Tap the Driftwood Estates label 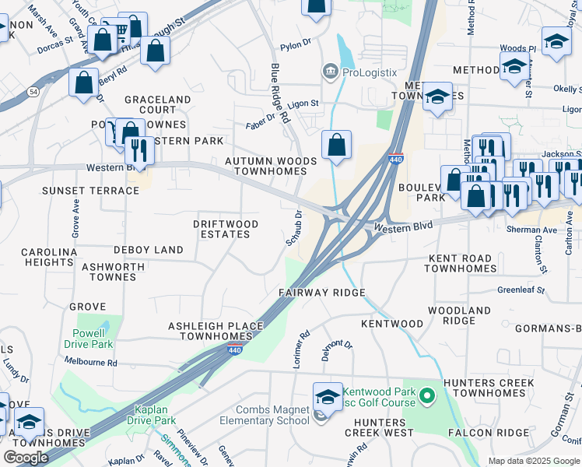226,229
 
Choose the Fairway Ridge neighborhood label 322,293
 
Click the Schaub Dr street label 295,227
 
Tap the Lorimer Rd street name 303,343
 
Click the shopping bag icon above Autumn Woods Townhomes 337,146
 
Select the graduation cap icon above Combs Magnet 328,398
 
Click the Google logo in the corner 26,458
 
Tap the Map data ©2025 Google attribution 533,461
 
